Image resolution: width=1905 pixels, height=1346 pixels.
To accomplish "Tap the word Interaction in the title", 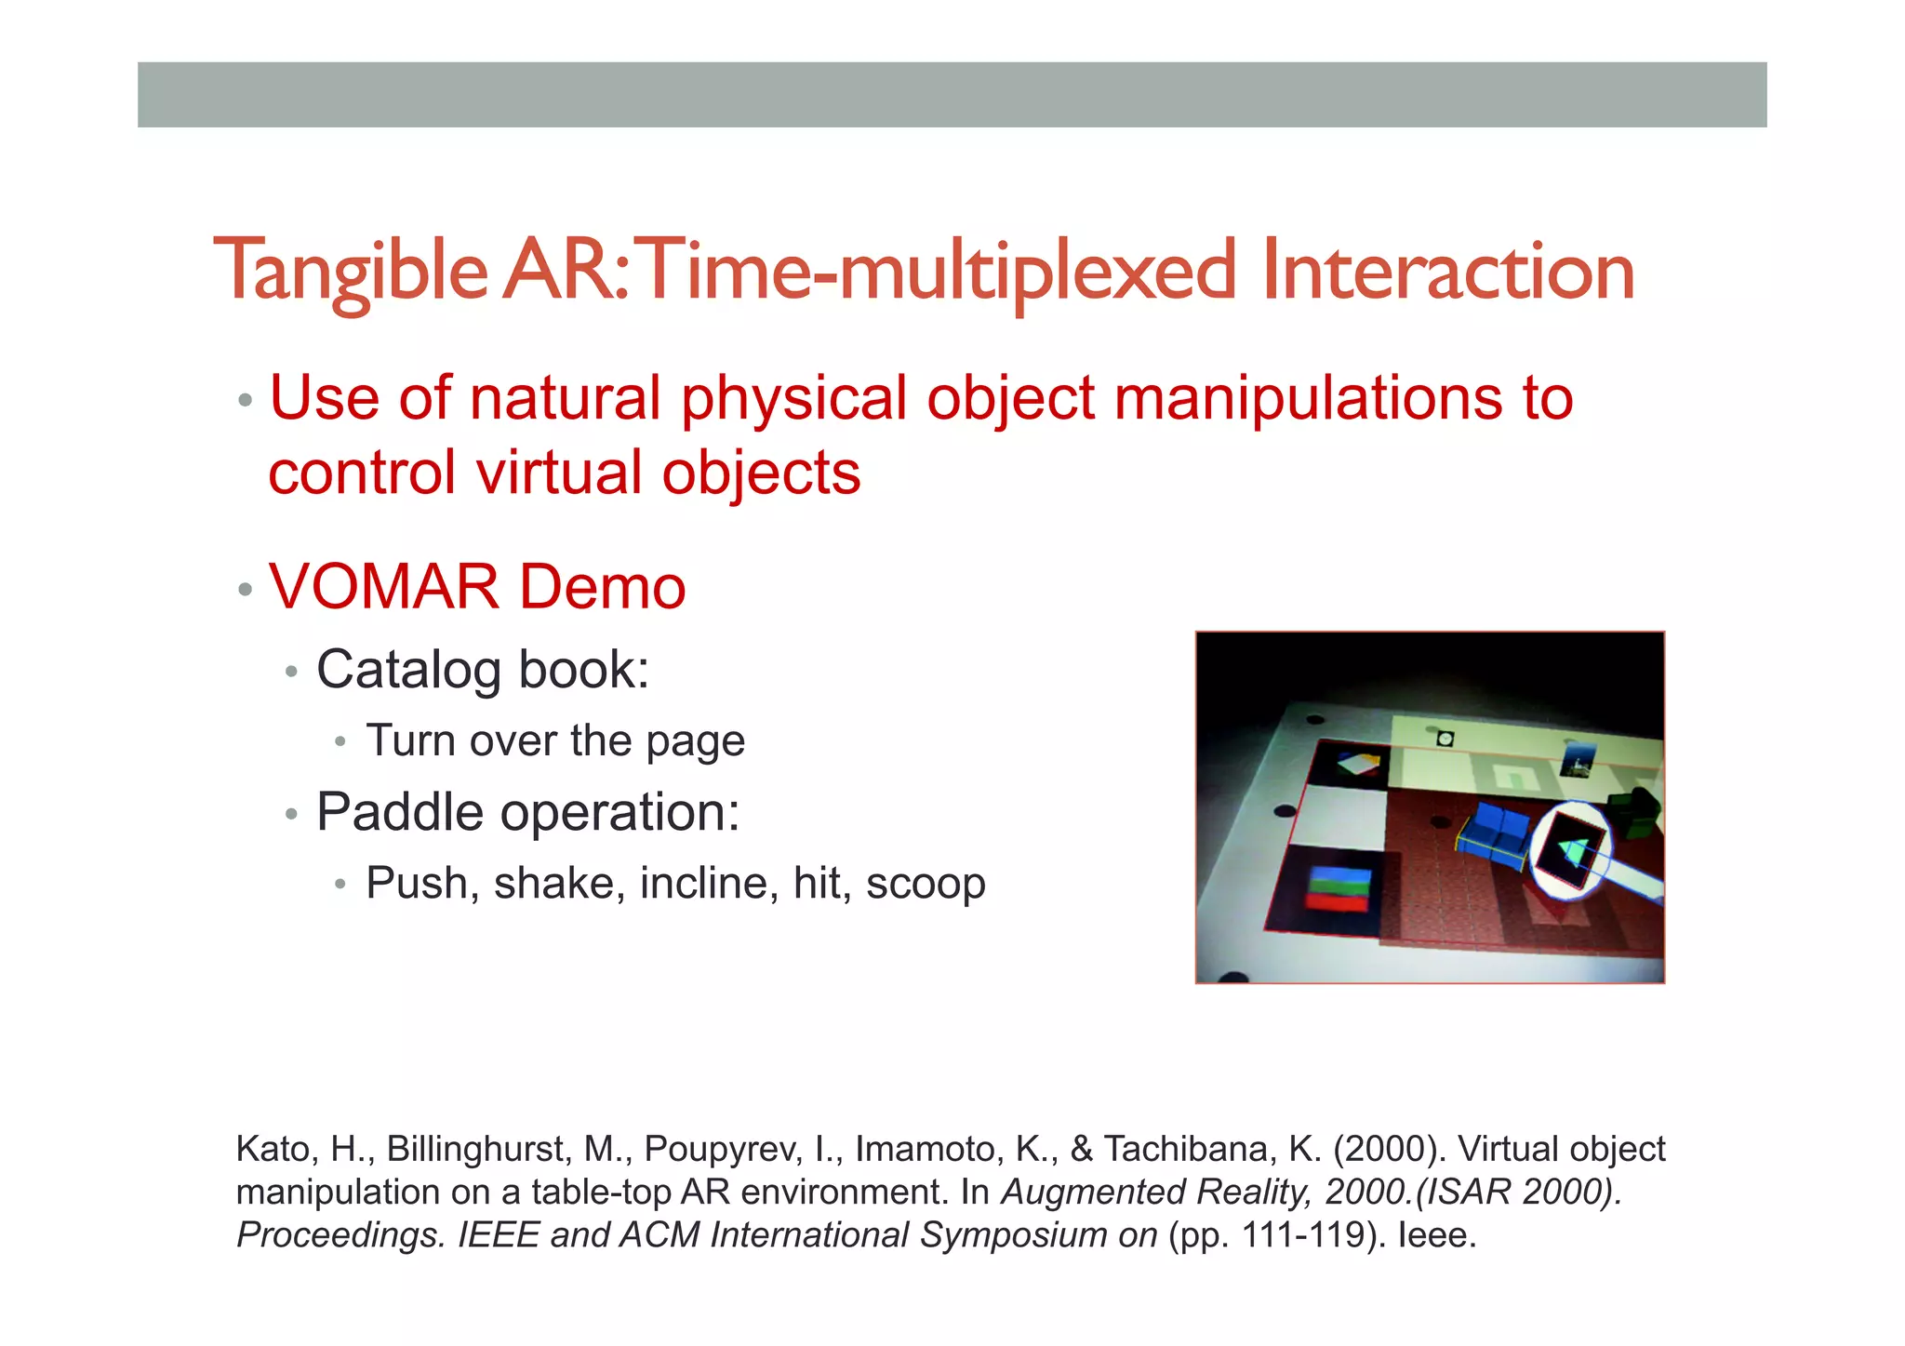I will [x=1447, y=272].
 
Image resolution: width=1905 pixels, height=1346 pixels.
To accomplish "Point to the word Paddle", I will [x=400, y=812].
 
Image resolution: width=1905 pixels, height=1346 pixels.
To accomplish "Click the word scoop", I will [x=925, y=884].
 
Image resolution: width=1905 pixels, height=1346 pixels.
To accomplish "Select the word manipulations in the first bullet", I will [x=1307, y=398].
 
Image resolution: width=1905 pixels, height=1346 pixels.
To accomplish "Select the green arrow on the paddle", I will [x=1573, y=851].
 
